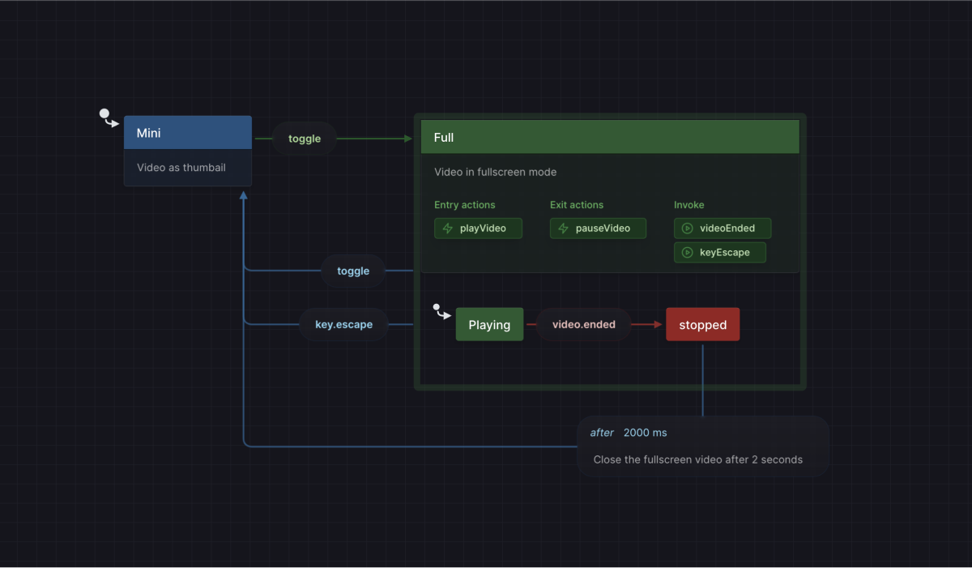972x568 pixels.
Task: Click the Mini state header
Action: [187, 133]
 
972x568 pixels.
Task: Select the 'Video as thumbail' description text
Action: [181, 168]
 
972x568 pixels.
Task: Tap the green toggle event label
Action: [305, 139]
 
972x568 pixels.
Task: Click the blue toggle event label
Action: [353, 271]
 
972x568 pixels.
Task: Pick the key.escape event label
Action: [343, 325]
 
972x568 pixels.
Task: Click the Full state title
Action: [444, 138]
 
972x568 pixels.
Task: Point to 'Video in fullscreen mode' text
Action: [495, 172]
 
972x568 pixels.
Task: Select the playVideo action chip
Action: [479, 228]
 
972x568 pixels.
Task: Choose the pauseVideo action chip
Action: [598, 228]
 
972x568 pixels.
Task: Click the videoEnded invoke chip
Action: [723, 228]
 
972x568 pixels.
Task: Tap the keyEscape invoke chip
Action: [720, 253]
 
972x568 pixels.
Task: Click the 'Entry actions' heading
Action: [464, 205]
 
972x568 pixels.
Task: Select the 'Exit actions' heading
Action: [576, 205]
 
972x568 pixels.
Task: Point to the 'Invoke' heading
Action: [688, 205]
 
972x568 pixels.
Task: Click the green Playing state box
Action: [489, 325]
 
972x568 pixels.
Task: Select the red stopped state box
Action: [702, 325]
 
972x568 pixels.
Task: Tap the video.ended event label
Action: [583, 325]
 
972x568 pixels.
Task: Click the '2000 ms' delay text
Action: [645, 433]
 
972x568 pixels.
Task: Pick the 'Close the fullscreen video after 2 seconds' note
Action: [697, 459]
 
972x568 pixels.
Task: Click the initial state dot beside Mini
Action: [104, 114]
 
